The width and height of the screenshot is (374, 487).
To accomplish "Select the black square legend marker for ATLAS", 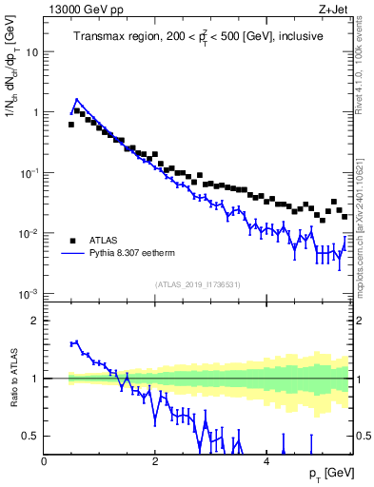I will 72,240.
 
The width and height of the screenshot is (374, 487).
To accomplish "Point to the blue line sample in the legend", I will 72,254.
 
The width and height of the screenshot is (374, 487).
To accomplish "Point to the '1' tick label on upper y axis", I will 35,112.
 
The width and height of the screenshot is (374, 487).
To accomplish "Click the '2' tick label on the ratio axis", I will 35,321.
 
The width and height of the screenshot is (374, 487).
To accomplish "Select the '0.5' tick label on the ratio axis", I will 31,437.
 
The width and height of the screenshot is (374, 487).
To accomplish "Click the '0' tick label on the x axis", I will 44,460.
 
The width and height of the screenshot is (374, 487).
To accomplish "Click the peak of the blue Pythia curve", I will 77,99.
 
